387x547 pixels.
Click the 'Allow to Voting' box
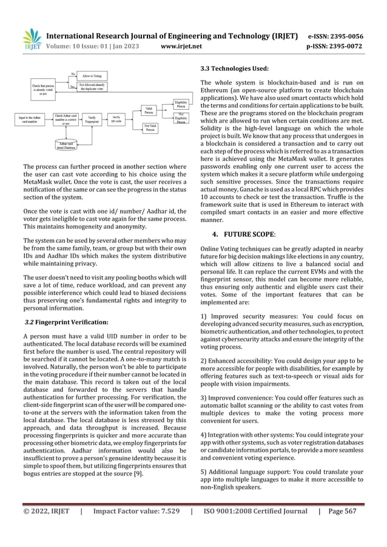(93, 75)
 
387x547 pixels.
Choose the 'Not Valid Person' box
(150, 127)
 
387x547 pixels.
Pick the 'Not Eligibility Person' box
(180, 118)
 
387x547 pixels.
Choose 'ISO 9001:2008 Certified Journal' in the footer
(257, 528)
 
